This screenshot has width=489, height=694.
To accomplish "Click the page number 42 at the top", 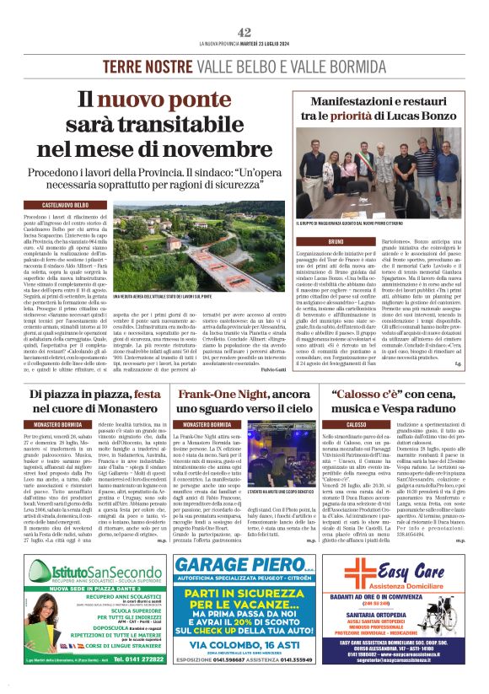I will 244,32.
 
